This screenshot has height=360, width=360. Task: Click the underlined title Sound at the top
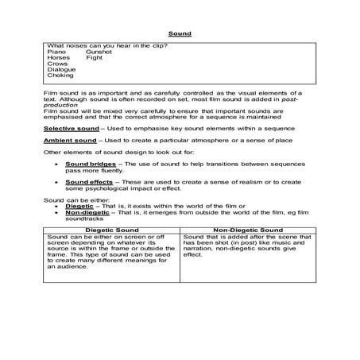180,33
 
